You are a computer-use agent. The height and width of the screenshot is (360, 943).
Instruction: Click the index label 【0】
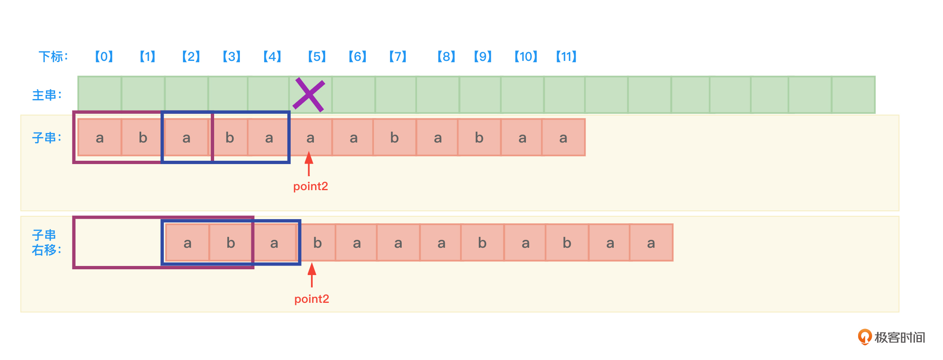(x=104, y=56)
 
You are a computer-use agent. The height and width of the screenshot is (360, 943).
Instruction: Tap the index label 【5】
(x=317, y=56)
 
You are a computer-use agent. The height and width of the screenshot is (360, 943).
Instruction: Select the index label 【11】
(x=566, y=56)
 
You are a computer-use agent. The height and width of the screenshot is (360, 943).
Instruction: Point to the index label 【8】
(x=446, y=56)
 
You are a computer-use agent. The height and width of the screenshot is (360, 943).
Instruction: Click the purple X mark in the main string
(x=309, y=95)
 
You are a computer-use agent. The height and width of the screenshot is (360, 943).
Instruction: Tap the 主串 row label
(x=47, y=95)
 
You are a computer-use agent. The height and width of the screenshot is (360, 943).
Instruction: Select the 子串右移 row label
(x=46, y=243)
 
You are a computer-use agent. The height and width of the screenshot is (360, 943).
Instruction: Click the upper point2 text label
(x=311, y=186)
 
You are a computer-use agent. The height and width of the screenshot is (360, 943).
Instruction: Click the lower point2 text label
(x=312, y=299)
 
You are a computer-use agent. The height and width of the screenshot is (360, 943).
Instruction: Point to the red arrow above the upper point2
(x=309, y=164)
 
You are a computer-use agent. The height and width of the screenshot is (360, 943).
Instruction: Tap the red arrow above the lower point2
(x=312, y=275)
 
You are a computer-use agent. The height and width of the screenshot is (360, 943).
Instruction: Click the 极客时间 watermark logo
(x=891, y=337)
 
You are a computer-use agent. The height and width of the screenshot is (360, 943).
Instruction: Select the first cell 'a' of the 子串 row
(x=100, y=138)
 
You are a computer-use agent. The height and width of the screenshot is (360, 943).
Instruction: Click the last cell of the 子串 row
(x=563, y=138)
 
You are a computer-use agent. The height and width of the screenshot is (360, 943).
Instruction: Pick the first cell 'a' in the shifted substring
(x=188, y=243)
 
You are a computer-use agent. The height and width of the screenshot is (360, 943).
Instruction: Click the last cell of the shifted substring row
(x=651, y=243)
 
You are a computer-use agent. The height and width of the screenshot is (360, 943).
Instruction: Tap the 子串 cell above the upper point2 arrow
(x=310, y=138)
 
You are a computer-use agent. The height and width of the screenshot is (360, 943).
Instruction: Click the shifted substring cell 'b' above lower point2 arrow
(x=317, y=243)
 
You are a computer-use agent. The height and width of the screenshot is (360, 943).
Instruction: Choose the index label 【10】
(x=526, y=56)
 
